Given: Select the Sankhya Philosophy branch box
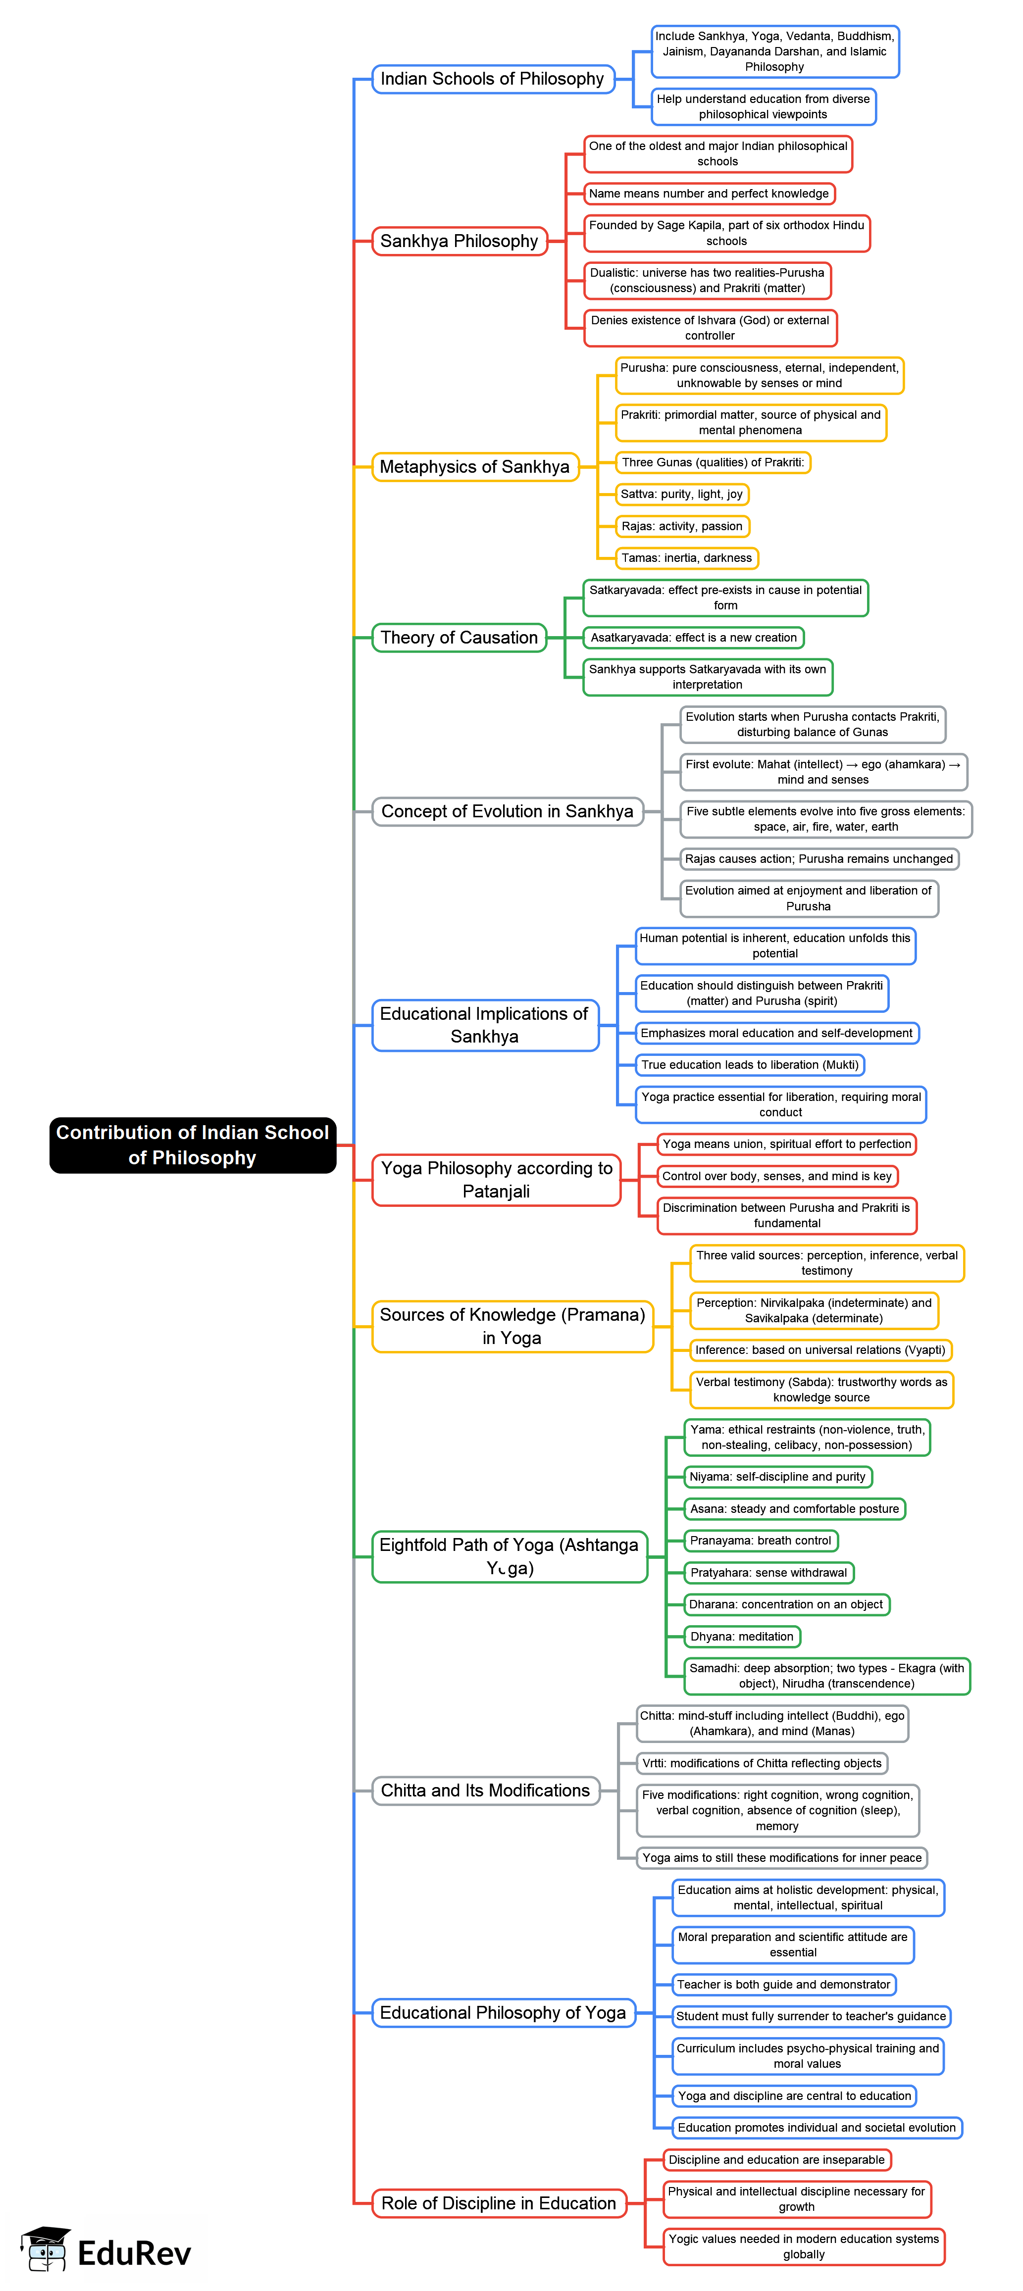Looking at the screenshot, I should coord(459,241).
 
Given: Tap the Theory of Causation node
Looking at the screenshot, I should coord(459,638).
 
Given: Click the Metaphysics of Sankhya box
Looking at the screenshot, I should coord(474,467).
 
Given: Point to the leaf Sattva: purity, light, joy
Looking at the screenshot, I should coord(681,495).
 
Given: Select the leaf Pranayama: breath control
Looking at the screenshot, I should coord(761,1541).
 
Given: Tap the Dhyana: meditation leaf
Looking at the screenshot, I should coord(742,1637).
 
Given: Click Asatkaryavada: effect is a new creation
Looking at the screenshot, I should coord(694,638).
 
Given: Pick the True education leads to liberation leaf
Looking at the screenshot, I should coord(750,1065).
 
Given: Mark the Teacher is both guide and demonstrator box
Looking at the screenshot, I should coord(784,1984).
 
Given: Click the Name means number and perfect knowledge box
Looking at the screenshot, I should coord(709,194).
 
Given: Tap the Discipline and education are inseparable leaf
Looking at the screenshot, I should coord(776,2159).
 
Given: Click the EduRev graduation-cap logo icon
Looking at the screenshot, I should coord(46,2250).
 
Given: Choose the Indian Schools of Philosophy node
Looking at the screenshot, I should coord(492,79).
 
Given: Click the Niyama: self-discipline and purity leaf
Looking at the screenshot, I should coord(777,1476).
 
